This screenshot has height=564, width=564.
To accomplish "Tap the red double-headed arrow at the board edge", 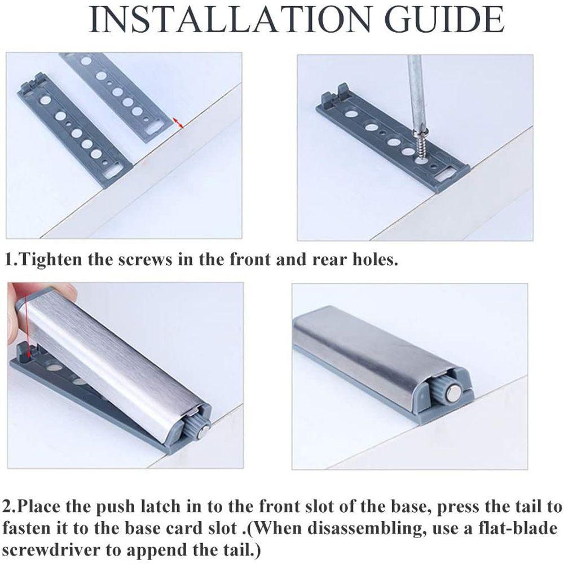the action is (x=178, y=122).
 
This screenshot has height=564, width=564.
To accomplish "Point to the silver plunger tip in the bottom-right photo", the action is (x=452, y=394).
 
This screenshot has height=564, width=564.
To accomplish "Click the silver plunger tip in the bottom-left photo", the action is (x=206, y=430).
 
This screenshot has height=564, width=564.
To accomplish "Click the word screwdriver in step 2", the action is (x=51, y=550).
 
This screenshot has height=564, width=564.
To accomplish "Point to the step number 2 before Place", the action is (x=7, y=506).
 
